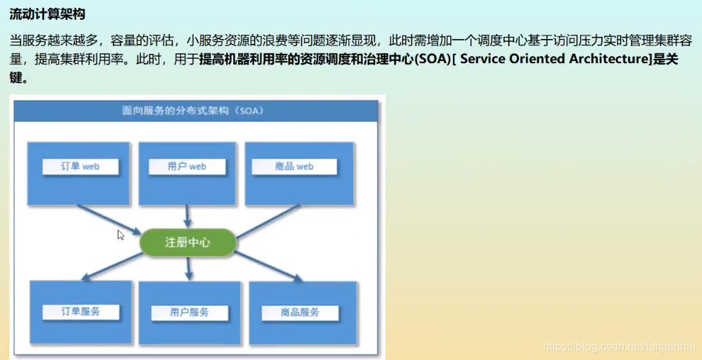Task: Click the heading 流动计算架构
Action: click(x=47, y=13)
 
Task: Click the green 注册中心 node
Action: click(x=187, y=242)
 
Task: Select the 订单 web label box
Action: click(x=79, y=167)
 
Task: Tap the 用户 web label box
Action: click(x=187, y=167)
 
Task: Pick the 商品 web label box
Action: click(x=294, y=167)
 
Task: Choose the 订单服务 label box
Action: click(x=80, y=311)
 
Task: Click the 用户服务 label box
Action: click(x=189, y=313)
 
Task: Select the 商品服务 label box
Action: click(x=300, y=313)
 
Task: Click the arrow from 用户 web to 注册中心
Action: click(x=188, y=216)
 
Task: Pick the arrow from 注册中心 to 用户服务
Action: click(x=189, y=268)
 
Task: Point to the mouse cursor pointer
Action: click(x=121, y=235)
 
